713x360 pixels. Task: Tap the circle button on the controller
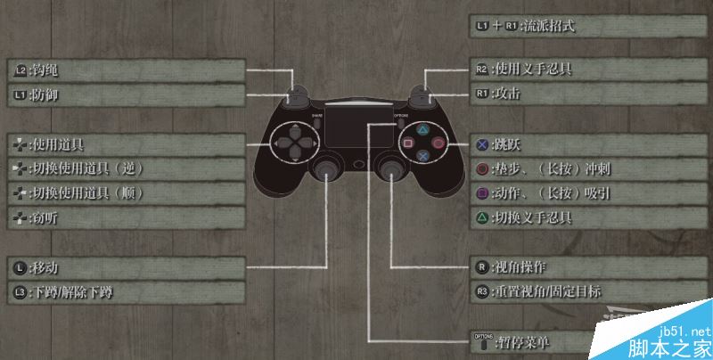coord(438,143)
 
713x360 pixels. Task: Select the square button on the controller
coord(410,143)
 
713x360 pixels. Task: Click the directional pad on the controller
coord(293,143)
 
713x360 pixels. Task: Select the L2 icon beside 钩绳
coord(20,69)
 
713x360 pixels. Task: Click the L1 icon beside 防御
coord(20,93)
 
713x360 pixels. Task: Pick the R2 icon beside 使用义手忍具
coord(481,69)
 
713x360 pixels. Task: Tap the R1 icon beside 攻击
coord(481,93)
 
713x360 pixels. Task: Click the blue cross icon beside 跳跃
coord(481,143)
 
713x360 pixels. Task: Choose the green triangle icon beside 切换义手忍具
coord(481,217)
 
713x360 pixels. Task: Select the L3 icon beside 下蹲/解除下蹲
coord(20,291)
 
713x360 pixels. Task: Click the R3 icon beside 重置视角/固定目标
coord(481,291)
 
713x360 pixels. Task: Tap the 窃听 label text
coord(45,217)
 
